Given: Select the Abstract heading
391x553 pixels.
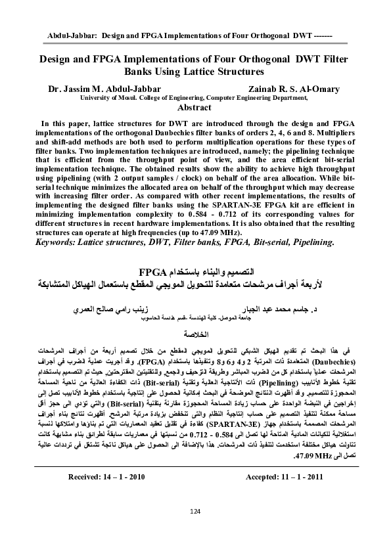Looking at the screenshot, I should click(195, 108).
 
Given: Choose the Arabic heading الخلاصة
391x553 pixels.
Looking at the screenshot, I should click(195, 334).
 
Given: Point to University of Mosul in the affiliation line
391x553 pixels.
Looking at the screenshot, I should click(108, 97).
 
